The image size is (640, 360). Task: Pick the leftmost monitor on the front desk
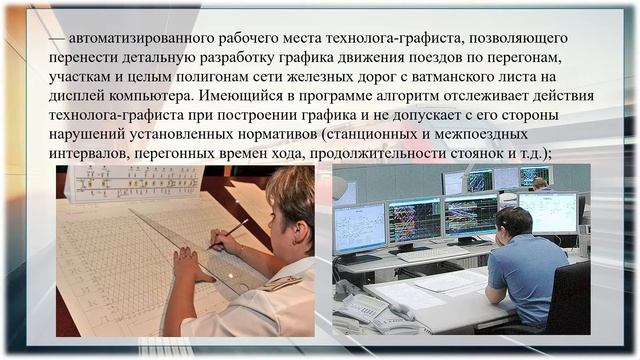(x=359, y=227)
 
